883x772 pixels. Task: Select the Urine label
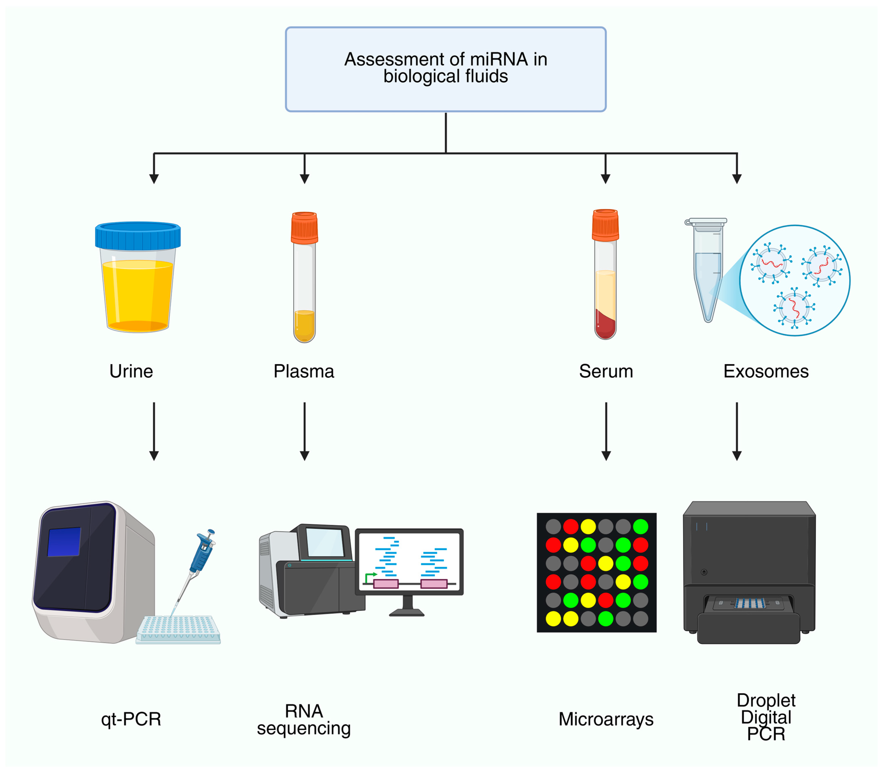(x=131, y=371)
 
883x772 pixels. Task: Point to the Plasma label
(x=304, y=371)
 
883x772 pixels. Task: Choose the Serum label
(x=606, y=371)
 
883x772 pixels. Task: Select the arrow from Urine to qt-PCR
(x=154, y=431)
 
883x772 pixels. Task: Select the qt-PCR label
(x=131, y=719)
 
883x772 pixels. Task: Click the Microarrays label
(x=606, y=719)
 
